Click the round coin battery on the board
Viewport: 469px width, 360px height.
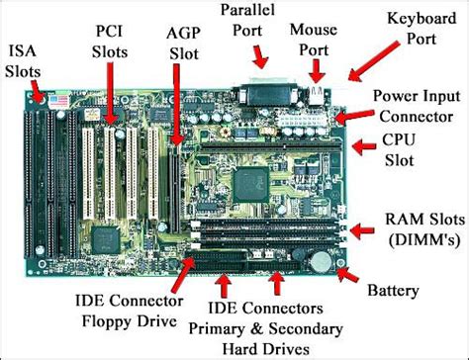click(323, 261)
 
